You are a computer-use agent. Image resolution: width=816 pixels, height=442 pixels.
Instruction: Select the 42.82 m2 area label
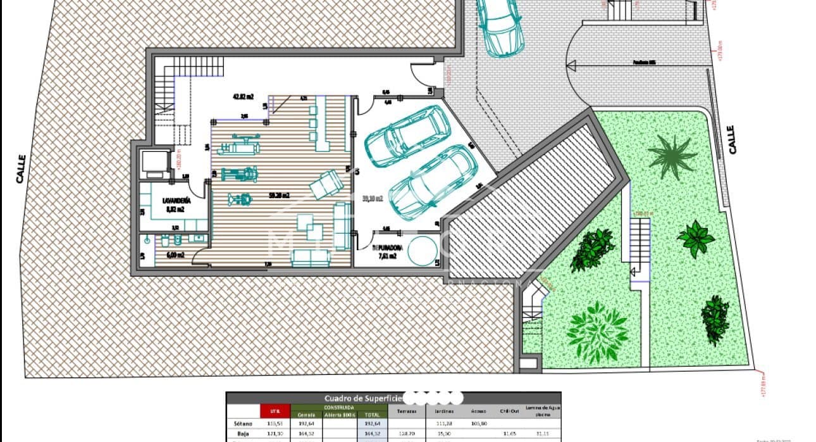[x=243, y=97]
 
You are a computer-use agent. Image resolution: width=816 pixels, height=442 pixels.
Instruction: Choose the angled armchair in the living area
[x=326, y=184]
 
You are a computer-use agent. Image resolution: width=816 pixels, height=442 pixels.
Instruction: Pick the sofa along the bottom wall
[x=311, y=256]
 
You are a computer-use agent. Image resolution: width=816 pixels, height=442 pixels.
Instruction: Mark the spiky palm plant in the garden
[x=672, y=157]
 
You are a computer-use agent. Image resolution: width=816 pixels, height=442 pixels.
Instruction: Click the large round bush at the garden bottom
[x=597, y=331]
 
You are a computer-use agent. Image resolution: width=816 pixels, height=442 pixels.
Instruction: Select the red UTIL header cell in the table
[x=275, y=411]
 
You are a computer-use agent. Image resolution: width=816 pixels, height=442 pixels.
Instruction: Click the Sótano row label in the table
[x=242, y=422]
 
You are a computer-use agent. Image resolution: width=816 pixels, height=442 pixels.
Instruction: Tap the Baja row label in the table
[x=242, y=434]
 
